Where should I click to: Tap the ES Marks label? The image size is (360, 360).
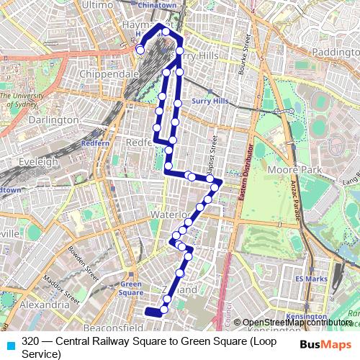pos(310,279)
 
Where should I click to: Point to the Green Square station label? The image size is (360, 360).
pos(131,288)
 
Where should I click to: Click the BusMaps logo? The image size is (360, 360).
pos(326,344)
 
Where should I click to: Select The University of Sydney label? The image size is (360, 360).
pos(22,98)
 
